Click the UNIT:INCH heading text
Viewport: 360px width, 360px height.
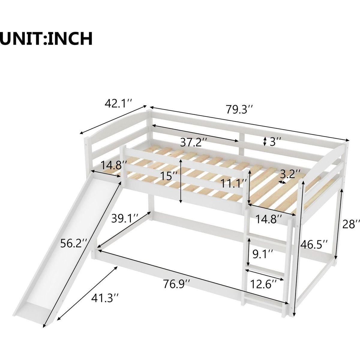tap(46, 38)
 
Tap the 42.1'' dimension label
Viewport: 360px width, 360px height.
tap(118, 103)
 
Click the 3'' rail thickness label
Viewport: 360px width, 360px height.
tap(276, 142)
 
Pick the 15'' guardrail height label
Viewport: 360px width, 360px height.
tap(169, 175)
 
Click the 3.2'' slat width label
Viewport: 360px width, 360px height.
tap(290, 174)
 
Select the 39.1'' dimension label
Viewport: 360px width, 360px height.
tap(125, 218)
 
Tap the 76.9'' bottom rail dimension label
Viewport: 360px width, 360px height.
tap(177, 283)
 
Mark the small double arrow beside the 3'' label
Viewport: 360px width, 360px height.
tap(265, 142)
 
